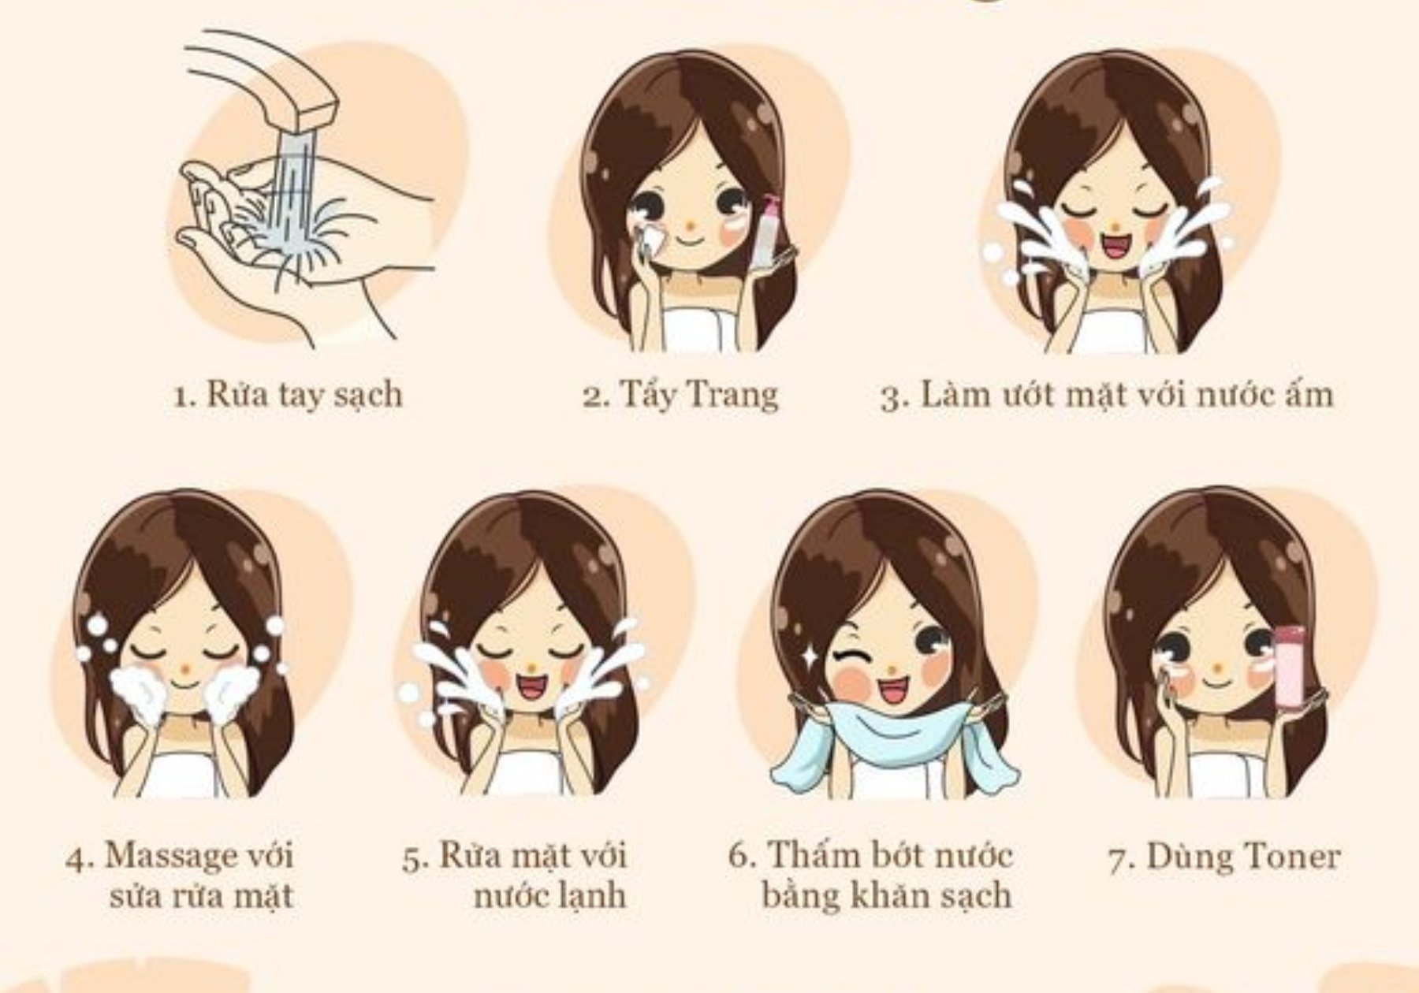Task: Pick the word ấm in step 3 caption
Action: click(1308, 393)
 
